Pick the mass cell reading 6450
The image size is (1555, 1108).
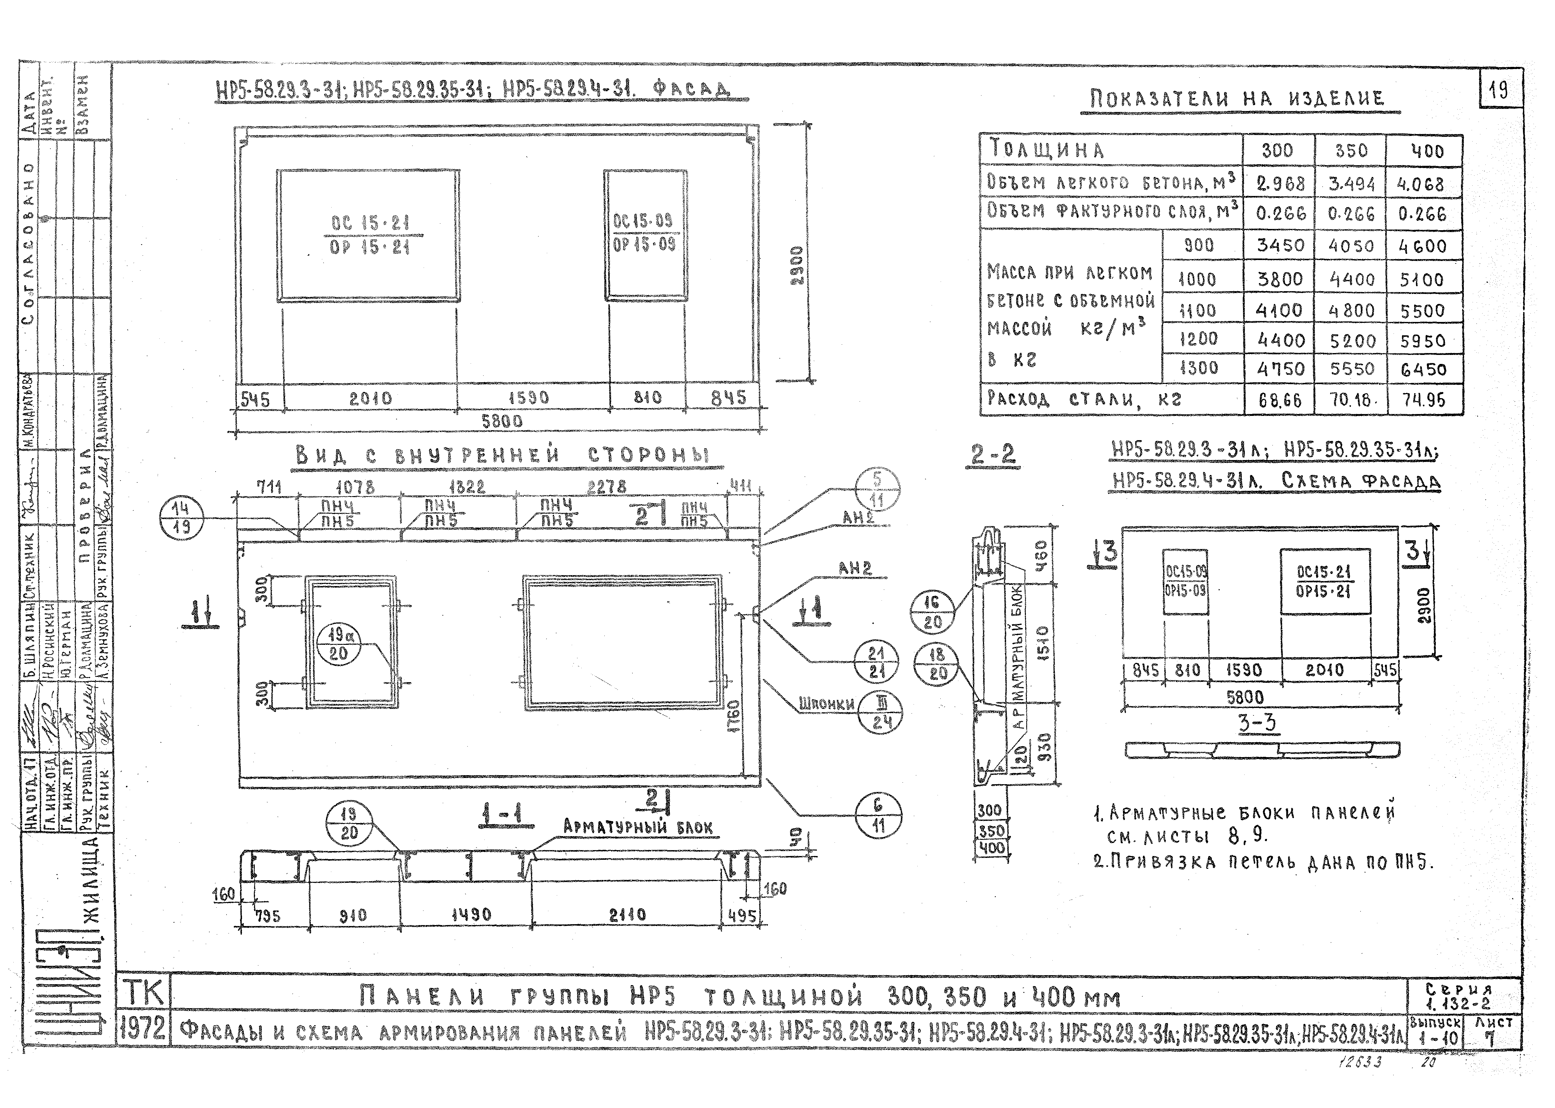1423,369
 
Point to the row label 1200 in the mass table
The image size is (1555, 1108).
1198,338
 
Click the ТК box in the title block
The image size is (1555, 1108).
142,994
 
